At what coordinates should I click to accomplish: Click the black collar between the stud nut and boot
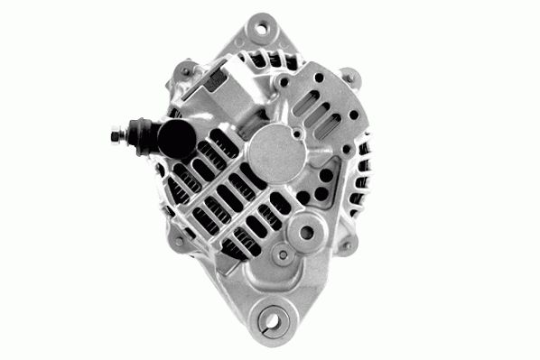point(139,136)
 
